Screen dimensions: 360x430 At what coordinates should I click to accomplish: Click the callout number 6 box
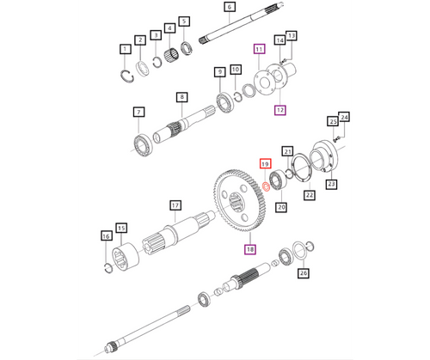(x=206, y=8)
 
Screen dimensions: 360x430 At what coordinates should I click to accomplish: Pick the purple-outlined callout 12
(x=279, y=110)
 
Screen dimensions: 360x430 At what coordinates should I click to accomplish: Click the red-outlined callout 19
(x=265, y=163)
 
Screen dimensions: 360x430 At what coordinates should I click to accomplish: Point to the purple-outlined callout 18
(x=251, y=249)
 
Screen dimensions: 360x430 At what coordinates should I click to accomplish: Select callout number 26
(x=302, y=273)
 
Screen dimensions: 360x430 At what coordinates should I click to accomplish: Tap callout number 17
(x=175, y=205)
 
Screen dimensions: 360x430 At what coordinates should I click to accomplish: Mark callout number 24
(x=344, y=117)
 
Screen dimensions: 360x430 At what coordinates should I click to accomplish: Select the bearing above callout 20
(x=280, y=185)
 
